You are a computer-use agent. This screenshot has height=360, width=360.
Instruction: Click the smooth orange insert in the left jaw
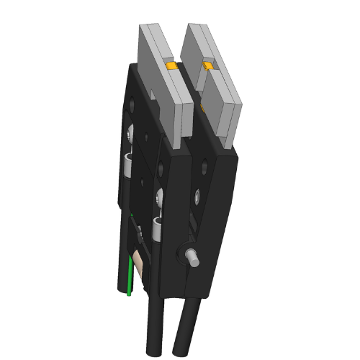171,67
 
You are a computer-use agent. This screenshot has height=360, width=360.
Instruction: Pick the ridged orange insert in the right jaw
207,67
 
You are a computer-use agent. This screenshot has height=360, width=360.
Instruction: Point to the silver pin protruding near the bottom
193,256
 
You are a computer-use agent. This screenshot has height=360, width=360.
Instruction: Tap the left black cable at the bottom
155,328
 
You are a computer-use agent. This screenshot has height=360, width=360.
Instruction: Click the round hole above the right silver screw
207,166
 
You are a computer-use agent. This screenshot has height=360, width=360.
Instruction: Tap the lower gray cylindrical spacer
156,229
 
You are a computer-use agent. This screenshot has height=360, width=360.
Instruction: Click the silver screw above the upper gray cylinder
130,132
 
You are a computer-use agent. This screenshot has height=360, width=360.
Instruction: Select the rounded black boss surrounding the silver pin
184,253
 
